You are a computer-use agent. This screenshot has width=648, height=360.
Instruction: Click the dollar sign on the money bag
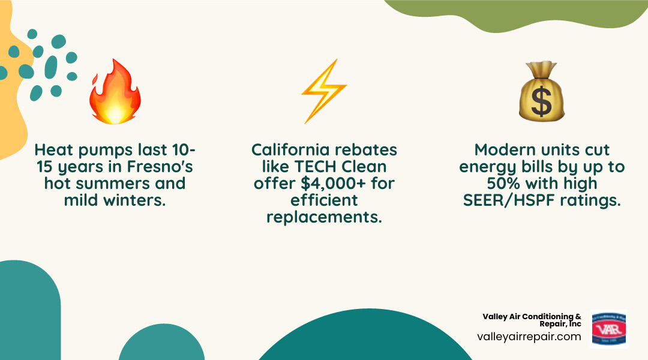(541, 103)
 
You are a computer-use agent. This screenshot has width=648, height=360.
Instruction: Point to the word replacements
(324, 217)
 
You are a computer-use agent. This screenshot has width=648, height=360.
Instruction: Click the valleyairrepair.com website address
(529, 337)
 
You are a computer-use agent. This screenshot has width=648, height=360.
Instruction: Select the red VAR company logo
(609, 329)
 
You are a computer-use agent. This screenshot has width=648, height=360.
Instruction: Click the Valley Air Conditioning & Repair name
(532, 320)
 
